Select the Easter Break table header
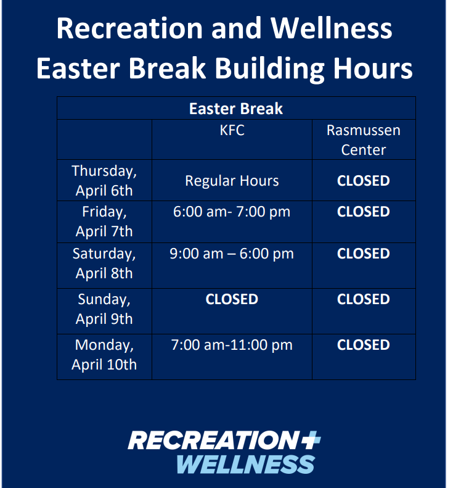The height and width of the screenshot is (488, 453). (236, 109)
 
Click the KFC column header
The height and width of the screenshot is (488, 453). (232, 131)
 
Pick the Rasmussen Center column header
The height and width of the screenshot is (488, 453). (364, 140)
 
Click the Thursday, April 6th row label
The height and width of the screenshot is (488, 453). (104, 180)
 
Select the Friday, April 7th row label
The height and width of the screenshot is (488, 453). (104, 221)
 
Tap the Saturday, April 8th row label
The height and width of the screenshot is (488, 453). (104, 263)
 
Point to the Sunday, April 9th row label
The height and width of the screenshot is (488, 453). (104, 309)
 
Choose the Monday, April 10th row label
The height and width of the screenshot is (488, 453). (104, 355)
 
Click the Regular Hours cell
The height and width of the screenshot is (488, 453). (232, 181)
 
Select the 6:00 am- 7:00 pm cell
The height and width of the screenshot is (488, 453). (232, 212)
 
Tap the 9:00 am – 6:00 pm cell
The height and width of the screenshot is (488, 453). (232, 254)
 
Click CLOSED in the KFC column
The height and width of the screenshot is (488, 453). (232, 299)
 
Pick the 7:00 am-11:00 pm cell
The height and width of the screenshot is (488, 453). (232, 345)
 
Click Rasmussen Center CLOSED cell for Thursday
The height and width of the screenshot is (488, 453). (364, 181)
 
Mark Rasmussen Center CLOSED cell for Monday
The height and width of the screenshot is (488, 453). (364, 345)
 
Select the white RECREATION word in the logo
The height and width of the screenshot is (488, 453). (210, 440)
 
